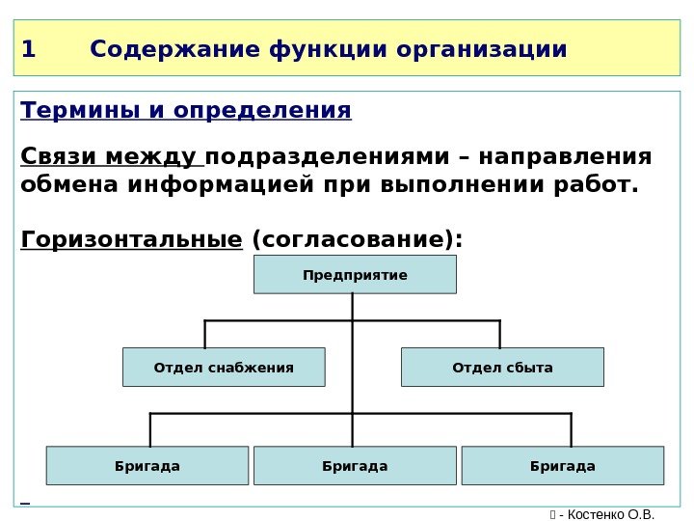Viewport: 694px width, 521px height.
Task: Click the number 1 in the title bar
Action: [28, 48]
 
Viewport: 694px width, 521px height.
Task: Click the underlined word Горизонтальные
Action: [130, 237]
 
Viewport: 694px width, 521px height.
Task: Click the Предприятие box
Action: [355, 275]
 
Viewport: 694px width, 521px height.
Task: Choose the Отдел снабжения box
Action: [224, 368]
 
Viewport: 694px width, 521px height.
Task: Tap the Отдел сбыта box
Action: [502, 368]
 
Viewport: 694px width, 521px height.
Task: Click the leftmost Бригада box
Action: [147, 466]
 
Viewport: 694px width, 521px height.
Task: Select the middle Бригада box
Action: [355, 466]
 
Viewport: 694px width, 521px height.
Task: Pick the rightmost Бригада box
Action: [563, 466]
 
